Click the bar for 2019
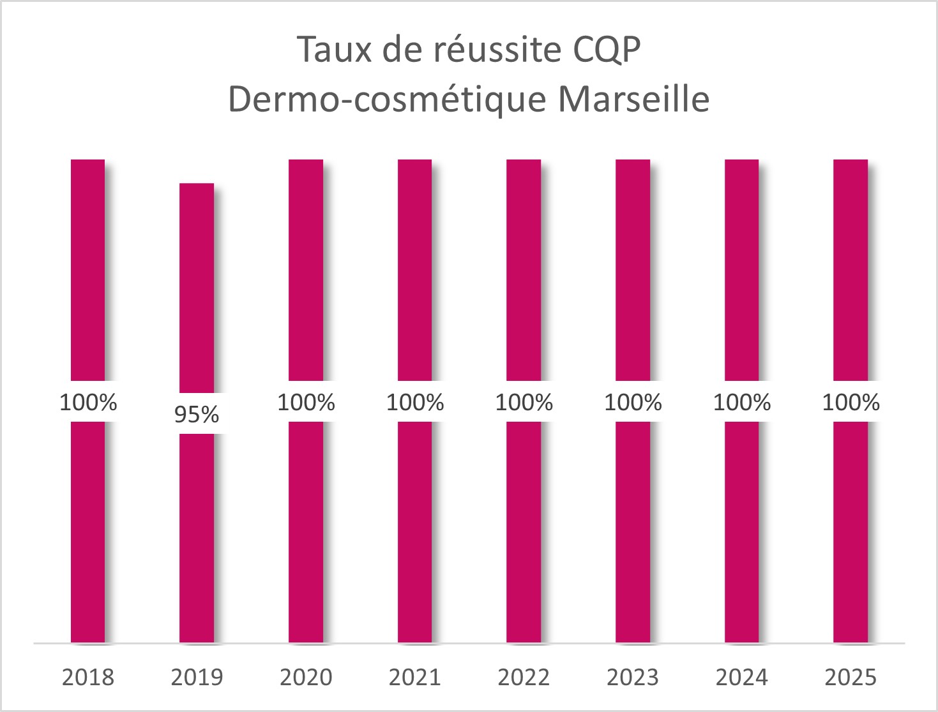197,287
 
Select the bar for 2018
87,268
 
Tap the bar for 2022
524,268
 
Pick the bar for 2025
851,268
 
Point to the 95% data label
197,415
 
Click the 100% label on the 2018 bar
88,403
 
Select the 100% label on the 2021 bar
415,403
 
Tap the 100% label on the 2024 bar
742,403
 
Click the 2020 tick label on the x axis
306,678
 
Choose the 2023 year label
633,678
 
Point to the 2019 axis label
197,678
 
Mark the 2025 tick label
851,678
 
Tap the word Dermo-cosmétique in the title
387,100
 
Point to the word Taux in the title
334,50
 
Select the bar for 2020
306,268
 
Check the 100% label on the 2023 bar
633,403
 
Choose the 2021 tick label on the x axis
415,678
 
